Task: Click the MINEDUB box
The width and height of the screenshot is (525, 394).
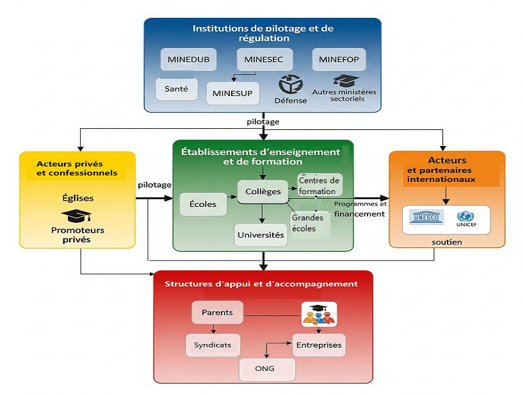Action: coord(188,60)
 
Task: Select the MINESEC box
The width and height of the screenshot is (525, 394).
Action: coord(264,60)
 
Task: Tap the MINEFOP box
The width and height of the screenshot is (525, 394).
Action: coord(339,60)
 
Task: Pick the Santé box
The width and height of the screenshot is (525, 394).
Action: coord(176,89)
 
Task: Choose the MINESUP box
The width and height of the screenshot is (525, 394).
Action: coord(232,93)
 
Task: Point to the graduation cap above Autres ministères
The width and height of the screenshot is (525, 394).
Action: coord(345,81)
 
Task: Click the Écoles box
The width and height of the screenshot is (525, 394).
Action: coord(202,204)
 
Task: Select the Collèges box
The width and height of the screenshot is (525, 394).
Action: coord(263,192)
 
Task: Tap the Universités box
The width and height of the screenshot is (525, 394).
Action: coord(261,235)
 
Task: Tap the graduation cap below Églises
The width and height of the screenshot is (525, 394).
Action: coord(77,216)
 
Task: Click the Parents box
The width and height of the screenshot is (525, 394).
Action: coord(217,313)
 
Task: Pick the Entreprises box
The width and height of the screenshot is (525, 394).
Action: coord(318,345)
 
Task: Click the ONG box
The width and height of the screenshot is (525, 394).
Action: coord(265,369)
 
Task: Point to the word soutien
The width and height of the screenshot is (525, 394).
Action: coord(446,243)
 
